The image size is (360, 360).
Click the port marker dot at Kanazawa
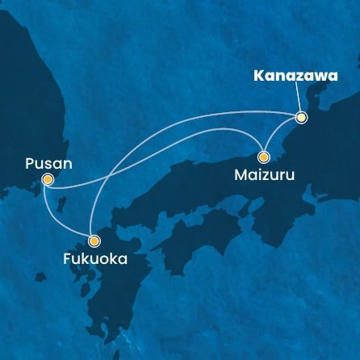point(301,117)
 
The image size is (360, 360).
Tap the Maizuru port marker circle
point(263,156)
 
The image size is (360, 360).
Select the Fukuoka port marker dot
point(94,241)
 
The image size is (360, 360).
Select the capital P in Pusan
point(28,163)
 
